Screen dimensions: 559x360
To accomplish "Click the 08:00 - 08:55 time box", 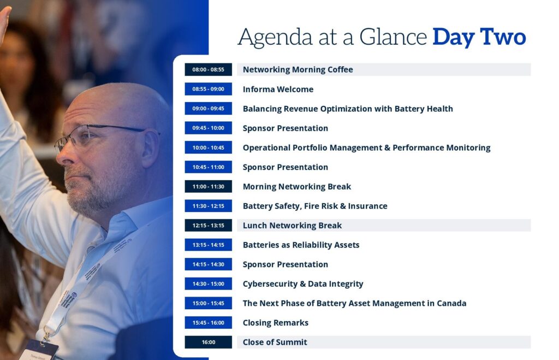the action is [x=208, y=69].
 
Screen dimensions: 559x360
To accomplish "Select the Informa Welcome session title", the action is [x=278, y=89].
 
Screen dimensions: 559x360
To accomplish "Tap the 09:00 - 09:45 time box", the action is [x=208, y=109].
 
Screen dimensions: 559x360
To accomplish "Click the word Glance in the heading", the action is [x=393, y=37].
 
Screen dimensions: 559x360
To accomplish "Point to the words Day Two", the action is [x=479, y=37].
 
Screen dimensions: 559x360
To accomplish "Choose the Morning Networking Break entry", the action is [x=297, y=187].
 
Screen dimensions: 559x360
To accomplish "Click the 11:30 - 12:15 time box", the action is [x=208, y=206].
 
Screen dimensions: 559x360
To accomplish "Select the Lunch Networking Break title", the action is [x=293, y=226].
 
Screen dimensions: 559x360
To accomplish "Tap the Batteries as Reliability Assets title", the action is [x=301, y=245].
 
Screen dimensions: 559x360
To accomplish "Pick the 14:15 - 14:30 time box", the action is [x=208, y=264].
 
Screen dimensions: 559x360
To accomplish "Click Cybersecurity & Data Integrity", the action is [x=303, y=284].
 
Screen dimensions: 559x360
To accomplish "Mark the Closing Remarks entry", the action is [x=276, y=323].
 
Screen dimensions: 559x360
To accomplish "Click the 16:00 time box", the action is [x=208, y=342].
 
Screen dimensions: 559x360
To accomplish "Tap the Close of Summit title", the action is [x=275, y=342].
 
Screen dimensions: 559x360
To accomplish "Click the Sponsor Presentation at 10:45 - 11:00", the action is [x=285, y=167].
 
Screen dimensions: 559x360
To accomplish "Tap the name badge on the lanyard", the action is [x=39, y=351].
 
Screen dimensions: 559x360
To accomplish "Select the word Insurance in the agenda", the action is [x=367, y=206].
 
